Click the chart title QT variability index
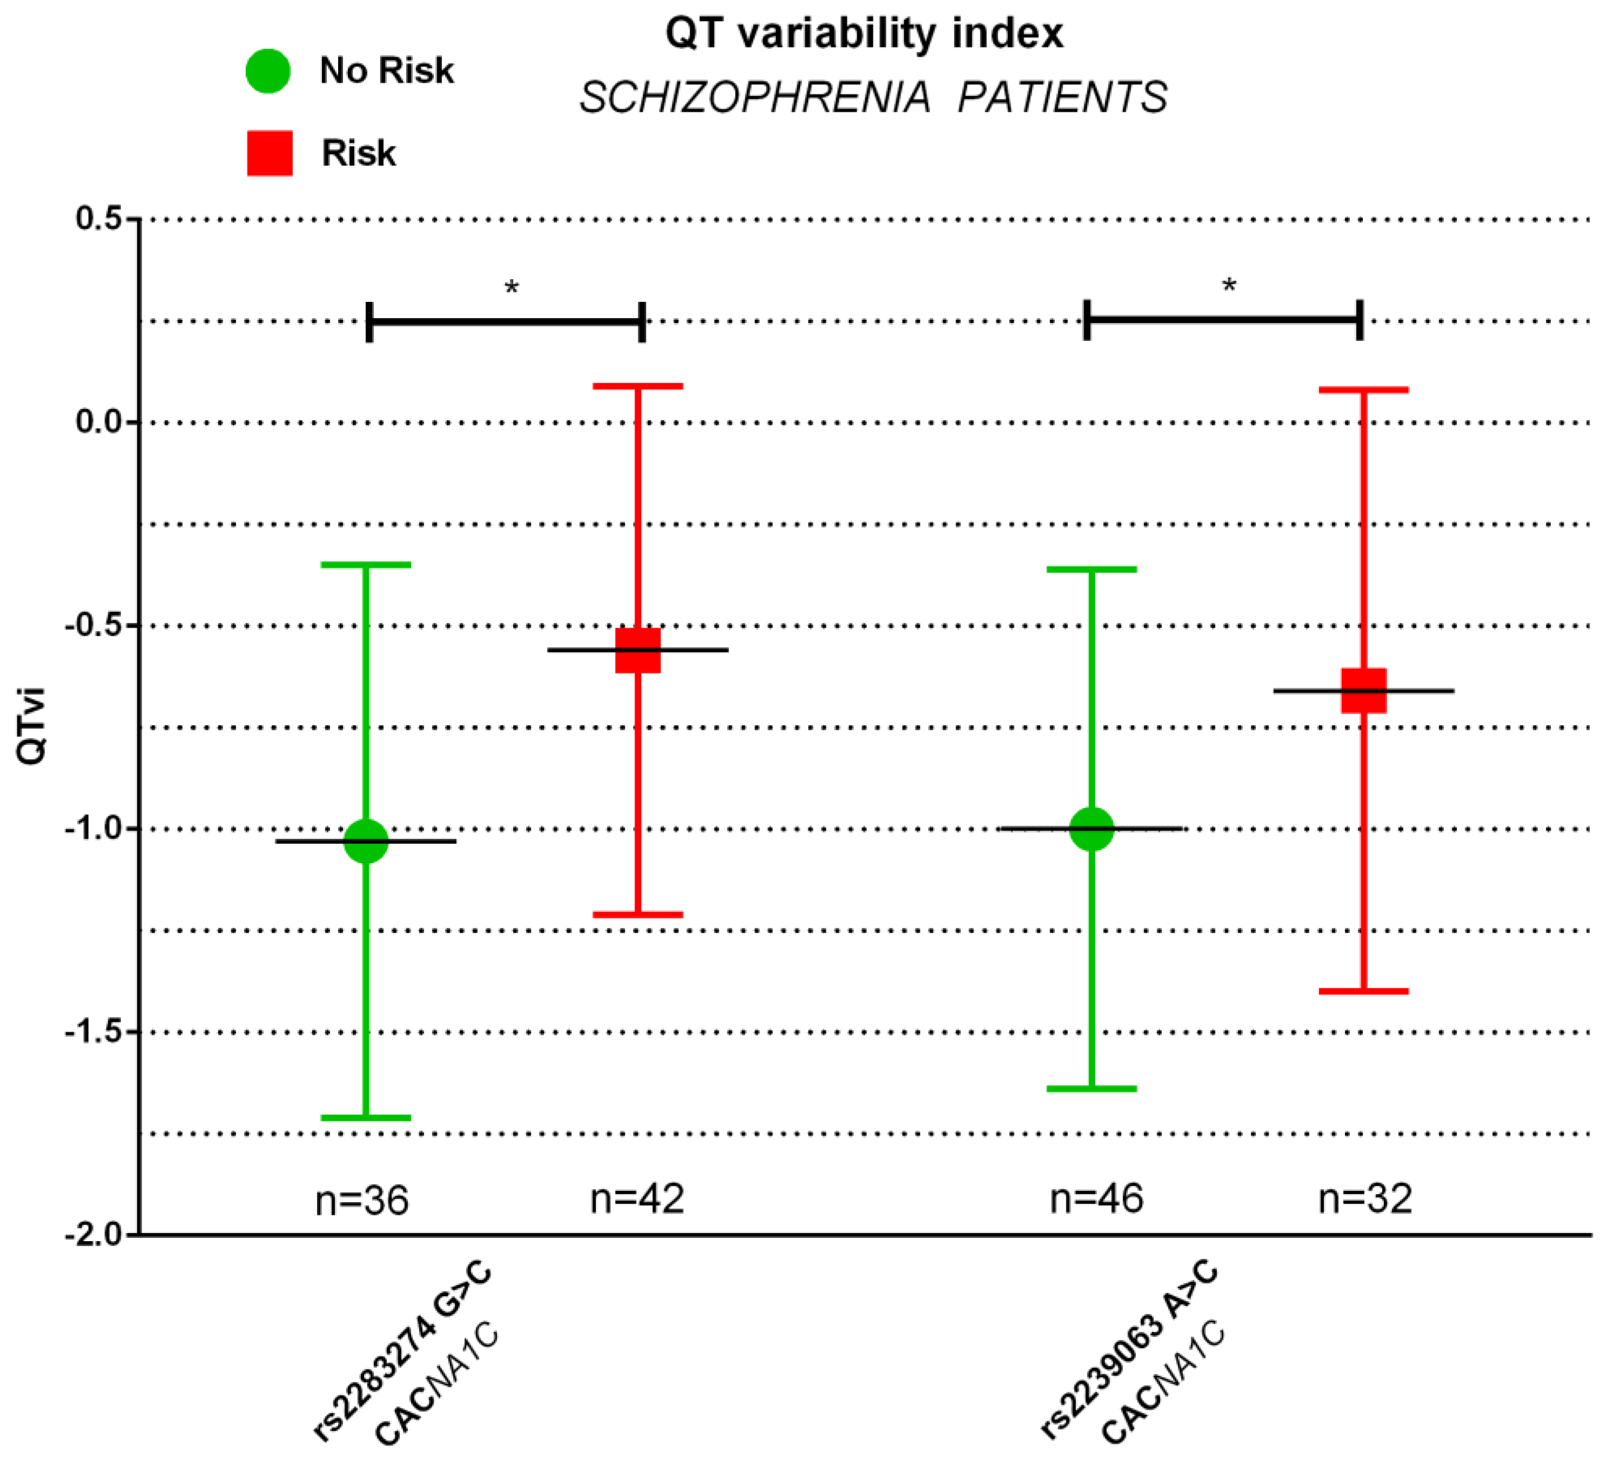click(x=864, y=33)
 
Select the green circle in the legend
click(x=267, y=71)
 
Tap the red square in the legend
click(x=269, y=153)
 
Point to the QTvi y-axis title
click(x=32, y=726)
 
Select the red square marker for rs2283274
click(x=638, y=650)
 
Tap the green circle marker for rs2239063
click(x=1091, y=828)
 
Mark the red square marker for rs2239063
click(x=1363, y=690)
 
